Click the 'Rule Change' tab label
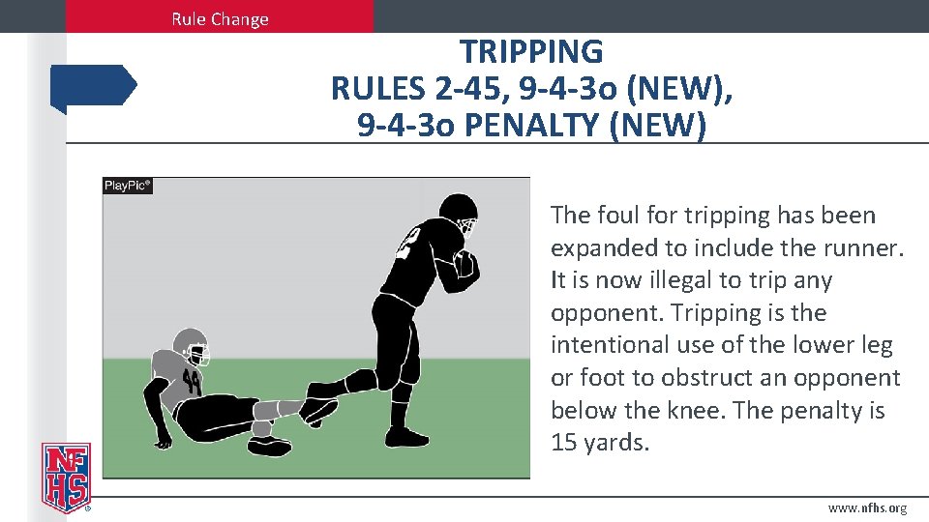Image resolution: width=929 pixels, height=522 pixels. coord(220,18)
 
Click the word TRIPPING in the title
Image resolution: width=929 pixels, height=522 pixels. coord(531,51)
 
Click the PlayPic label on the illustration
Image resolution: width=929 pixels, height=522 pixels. coord(128,186)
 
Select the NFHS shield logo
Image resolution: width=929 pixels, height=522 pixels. coord(66,476)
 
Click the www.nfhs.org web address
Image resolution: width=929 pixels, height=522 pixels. coord(868,508)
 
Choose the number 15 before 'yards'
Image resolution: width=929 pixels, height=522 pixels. coord(564,443)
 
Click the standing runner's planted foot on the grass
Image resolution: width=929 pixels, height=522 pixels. coord(407,438)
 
